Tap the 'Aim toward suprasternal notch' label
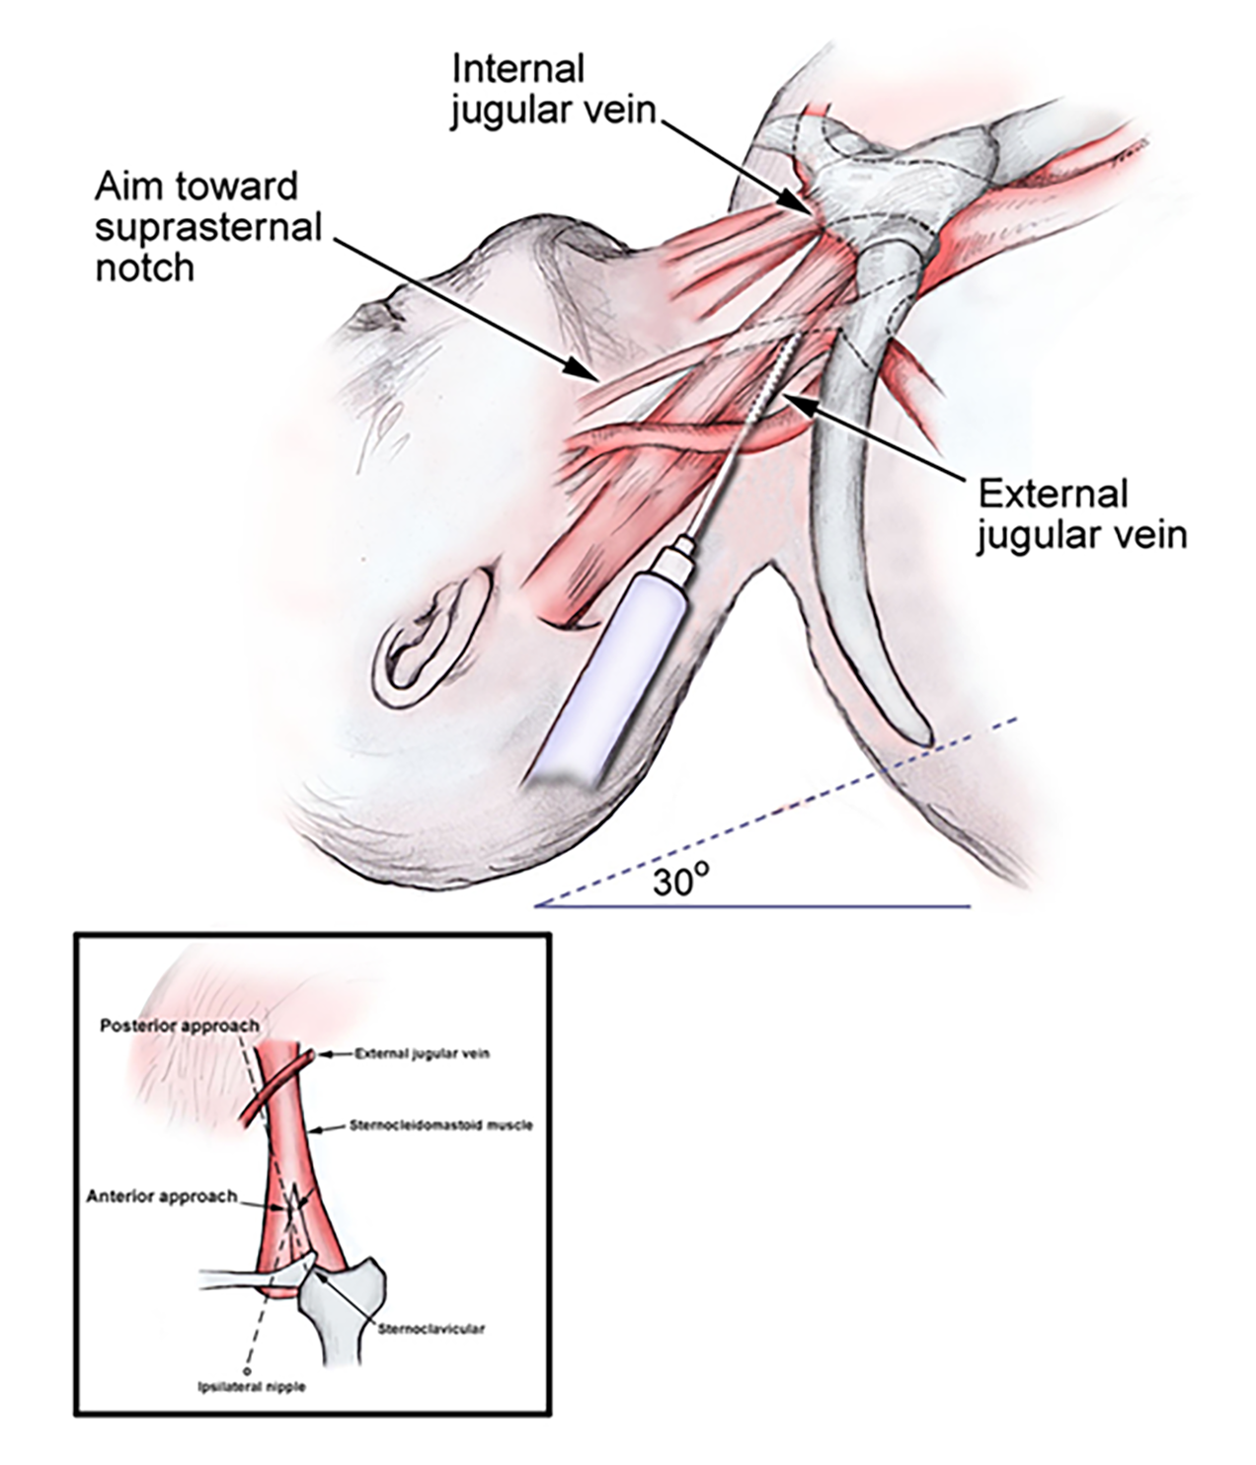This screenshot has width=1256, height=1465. click(x=207, y=227)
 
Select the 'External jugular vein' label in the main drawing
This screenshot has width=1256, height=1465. click(x=1080, y=514)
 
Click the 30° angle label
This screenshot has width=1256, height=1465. click(x=680, y=882)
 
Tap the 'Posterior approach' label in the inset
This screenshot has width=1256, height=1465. click(x=179, y=1026)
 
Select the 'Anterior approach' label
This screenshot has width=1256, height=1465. click(x=162, y=1196)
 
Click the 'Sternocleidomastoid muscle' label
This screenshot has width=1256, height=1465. click(x=440, y=1124)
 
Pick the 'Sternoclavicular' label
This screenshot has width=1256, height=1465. click(x=432, y=1329)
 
